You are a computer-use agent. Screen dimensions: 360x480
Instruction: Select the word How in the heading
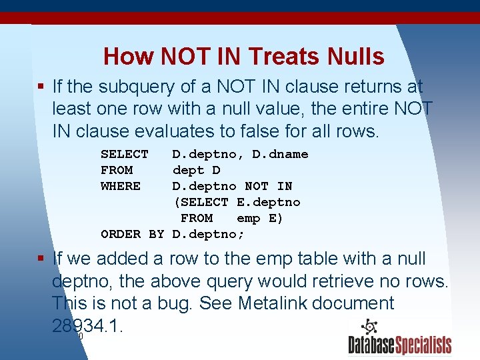[x=127, y=56]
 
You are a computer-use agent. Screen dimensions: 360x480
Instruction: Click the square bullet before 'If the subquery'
[x=41, y=87]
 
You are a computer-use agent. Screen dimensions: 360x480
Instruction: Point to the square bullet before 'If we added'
[x=41, y=259]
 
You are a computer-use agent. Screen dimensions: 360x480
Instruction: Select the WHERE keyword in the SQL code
[x=121, y=186]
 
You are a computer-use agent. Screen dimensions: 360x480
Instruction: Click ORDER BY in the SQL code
[x=132, y=234]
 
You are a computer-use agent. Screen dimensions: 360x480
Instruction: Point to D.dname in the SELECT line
[x=280, y=154]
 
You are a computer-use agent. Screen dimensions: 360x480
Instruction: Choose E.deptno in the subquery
[x=269, y=202]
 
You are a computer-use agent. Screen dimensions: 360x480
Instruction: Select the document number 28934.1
[x=87, y=326]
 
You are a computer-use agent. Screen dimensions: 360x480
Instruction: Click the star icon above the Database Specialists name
[x=369, y=327]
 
